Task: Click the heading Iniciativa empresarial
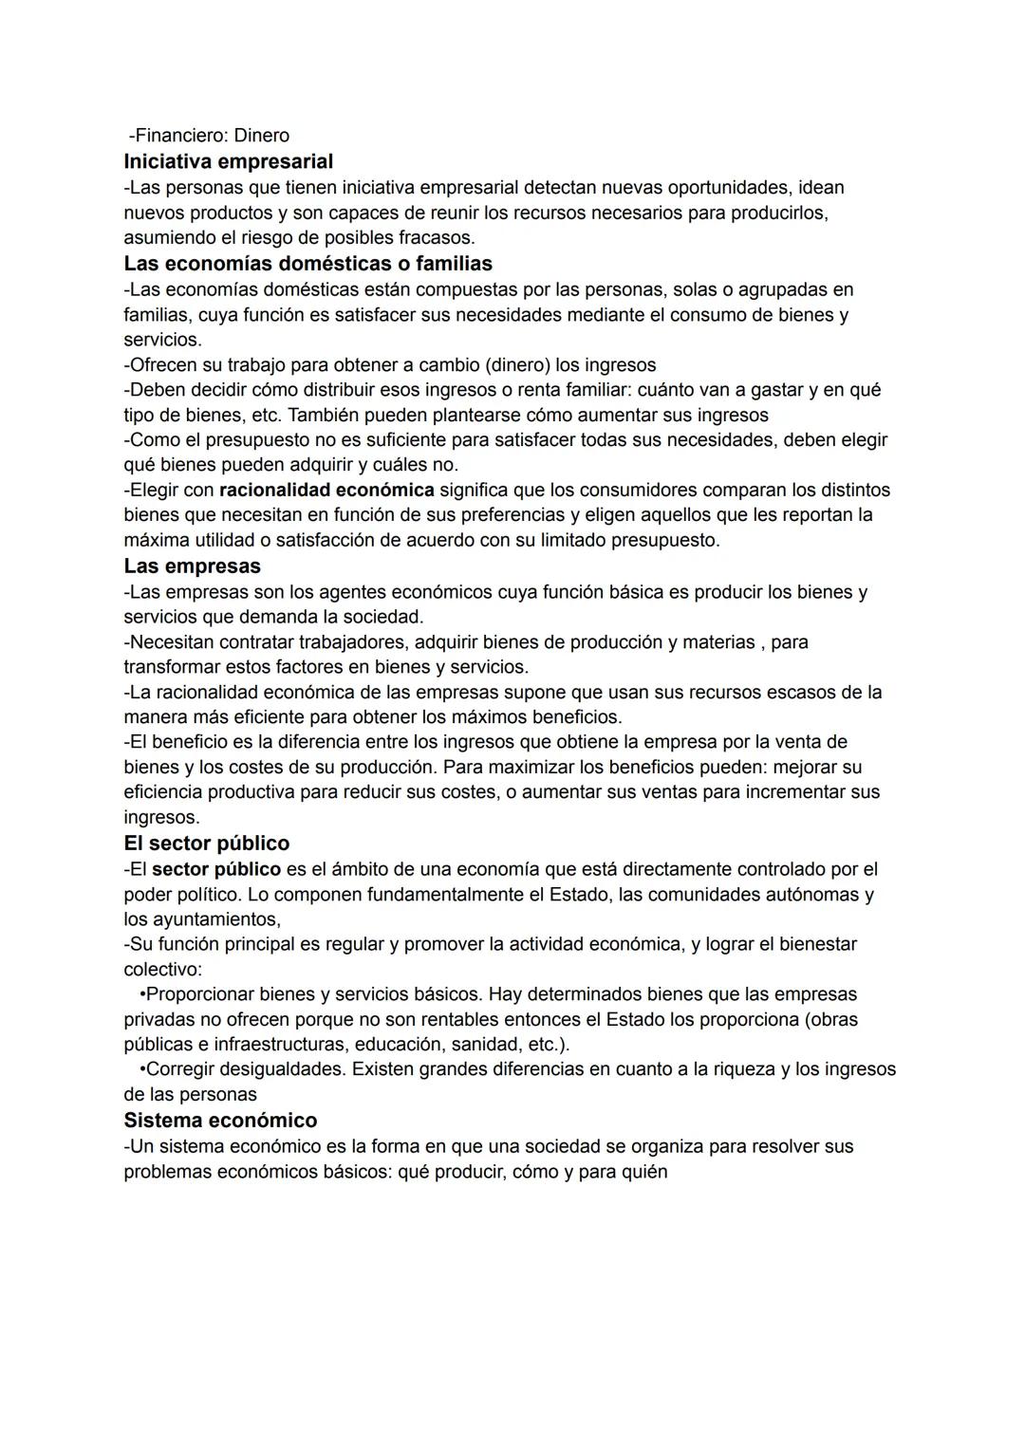(x=228, y=161)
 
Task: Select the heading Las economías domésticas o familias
(x=307, y=263)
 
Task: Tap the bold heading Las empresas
(x=192, y=566)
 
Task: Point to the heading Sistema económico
(x=220, y=1121)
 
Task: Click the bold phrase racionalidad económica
(x=326, y=491)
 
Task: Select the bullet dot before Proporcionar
(x=142, y=994)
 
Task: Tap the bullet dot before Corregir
(x=142, y=1069)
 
